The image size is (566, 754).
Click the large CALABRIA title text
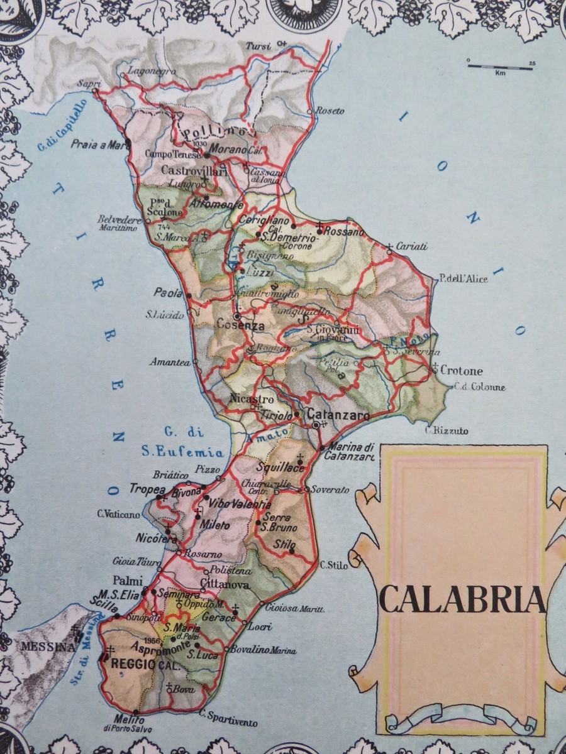[x=462, y=600]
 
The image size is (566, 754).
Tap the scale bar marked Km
[x=501, y=65]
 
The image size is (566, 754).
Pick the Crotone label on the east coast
[x=462, y=370]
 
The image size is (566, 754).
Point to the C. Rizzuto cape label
[x=447, y=430]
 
